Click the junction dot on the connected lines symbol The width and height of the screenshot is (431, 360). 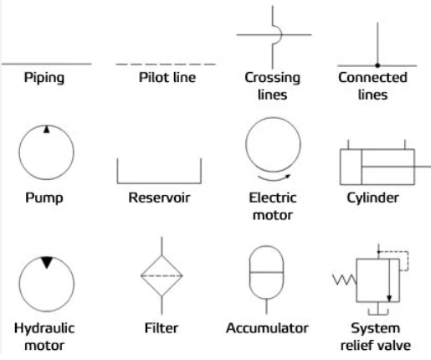coord(377,65)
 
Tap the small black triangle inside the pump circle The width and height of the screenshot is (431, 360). coord(46,129)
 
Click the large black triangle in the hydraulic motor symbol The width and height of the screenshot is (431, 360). coord(47,262)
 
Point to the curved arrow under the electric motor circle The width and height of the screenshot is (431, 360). coord(275,177)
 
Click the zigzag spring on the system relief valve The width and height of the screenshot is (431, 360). coord(345,280)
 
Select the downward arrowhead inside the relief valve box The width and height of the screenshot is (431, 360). coord(389,298)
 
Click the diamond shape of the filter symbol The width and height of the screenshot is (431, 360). coord(162,275)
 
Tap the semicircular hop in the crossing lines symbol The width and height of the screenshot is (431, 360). coord(277,34)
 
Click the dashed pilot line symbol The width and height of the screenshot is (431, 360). coord(166,64)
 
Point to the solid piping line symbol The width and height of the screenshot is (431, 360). coord(47,64)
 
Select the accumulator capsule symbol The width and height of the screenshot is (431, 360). coord(266,272)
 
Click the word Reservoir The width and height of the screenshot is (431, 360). coord(159,198)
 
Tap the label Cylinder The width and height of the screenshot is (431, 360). coord(372,198)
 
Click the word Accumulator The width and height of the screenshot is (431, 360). coord(267,328)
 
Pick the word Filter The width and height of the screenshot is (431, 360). coord(162,328)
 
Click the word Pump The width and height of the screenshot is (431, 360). coord(44,198)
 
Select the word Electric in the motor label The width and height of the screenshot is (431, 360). coord(273,198)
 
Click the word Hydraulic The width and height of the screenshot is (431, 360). coord(44,328)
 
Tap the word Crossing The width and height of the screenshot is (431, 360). coord(273,78)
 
